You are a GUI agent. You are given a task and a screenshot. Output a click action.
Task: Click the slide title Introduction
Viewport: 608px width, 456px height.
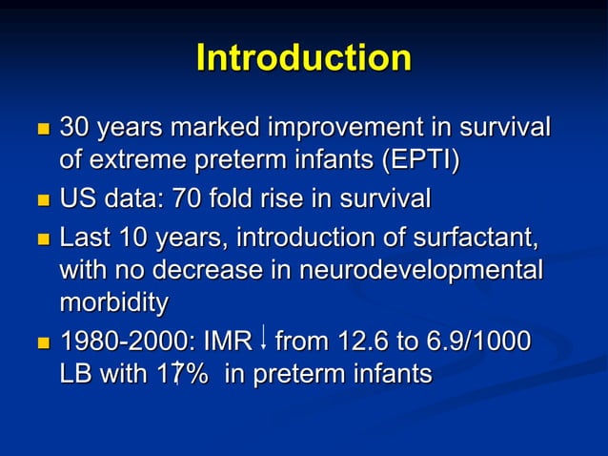tap(303, 58)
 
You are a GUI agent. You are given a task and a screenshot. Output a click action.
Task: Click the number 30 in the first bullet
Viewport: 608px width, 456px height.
tap(76, 128)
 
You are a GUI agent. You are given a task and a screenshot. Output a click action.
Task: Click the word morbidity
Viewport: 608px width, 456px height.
tap(114, 304)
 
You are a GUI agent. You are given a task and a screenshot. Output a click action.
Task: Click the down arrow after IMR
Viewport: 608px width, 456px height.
tap(262, 341)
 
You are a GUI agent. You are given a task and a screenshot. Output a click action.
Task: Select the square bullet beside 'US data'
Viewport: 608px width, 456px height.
tap(40, 201)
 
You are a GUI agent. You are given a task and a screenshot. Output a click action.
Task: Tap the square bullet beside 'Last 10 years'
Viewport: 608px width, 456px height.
tap(40, 238)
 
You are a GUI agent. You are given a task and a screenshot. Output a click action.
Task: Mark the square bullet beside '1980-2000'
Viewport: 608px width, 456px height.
tap(40, 342)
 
